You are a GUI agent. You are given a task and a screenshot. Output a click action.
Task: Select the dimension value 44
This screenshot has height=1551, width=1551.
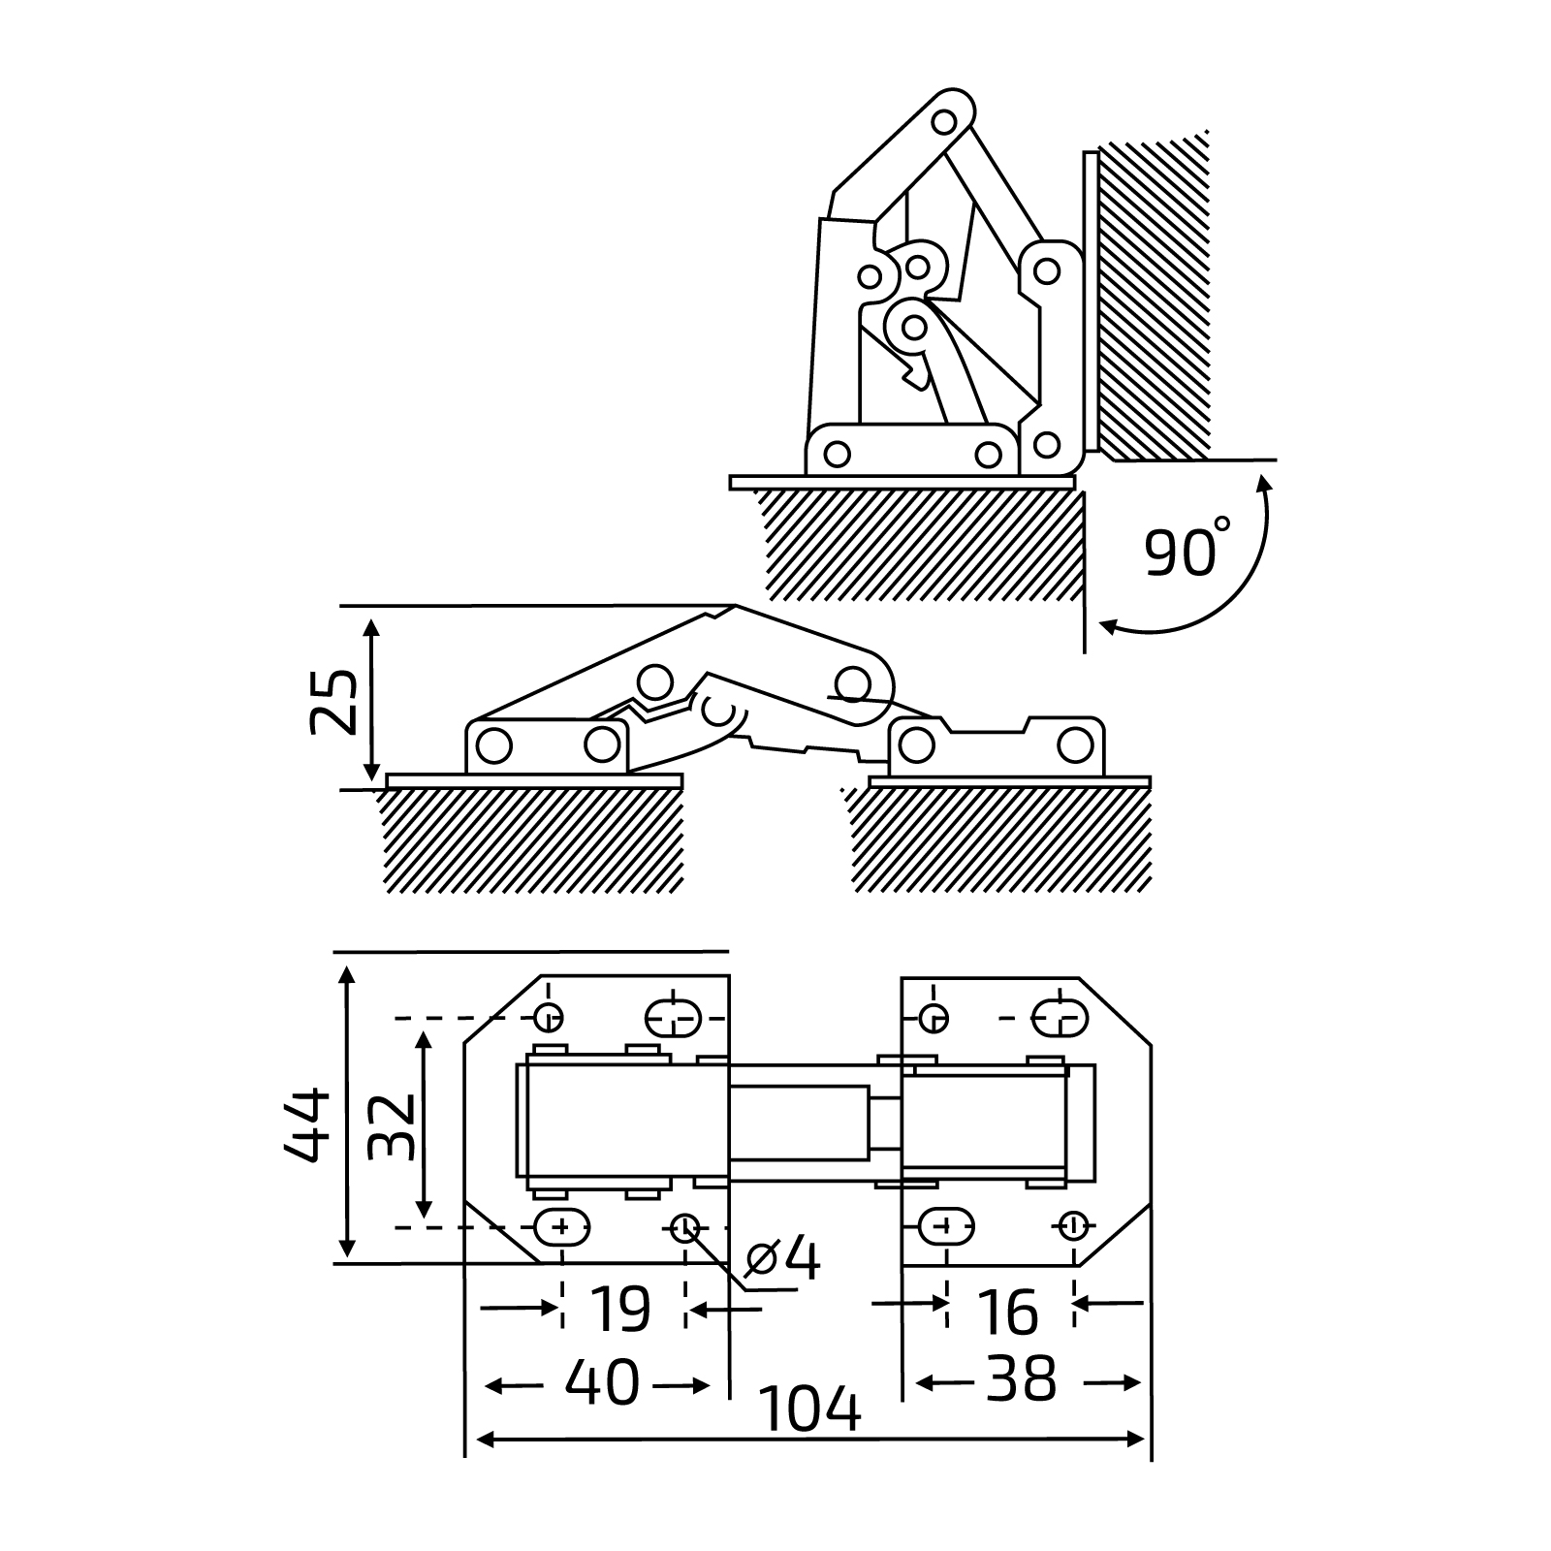308,1124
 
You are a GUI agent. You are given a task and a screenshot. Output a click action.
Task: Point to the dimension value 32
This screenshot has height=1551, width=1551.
393,1126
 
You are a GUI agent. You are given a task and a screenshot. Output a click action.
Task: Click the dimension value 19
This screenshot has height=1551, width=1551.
620,1310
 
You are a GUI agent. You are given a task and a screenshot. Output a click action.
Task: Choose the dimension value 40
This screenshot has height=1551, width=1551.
602,1381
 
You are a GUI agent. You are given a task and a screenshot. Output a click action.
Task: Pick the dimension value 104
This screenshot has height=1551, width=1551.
810,1410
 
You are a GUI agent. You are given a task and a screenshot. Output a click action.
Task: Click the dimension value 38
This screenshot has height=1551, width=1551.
1022,1379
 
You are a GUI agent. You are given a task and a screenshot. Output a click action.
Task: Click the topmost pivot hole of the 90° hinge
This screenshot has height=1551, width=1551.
943,122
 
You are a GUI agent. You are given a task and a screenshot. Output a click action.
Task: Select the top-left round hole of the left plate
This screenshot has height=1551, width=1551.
550,1018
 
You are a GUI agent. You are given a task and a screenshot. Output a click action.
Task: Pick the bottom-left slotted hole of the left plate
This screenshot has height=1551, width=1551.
562,1228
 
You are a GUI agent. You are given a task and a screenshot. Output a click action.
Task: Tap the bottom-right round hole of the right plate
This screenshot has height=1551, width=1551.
1072,1226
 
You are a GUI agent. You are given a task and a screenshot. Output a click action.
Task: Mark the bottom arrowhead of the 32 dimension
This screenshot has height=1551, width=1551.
423,1210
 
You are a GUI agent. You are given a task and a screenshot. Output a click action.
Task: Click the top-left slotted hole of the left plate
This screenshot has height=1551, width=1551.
673,1018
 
